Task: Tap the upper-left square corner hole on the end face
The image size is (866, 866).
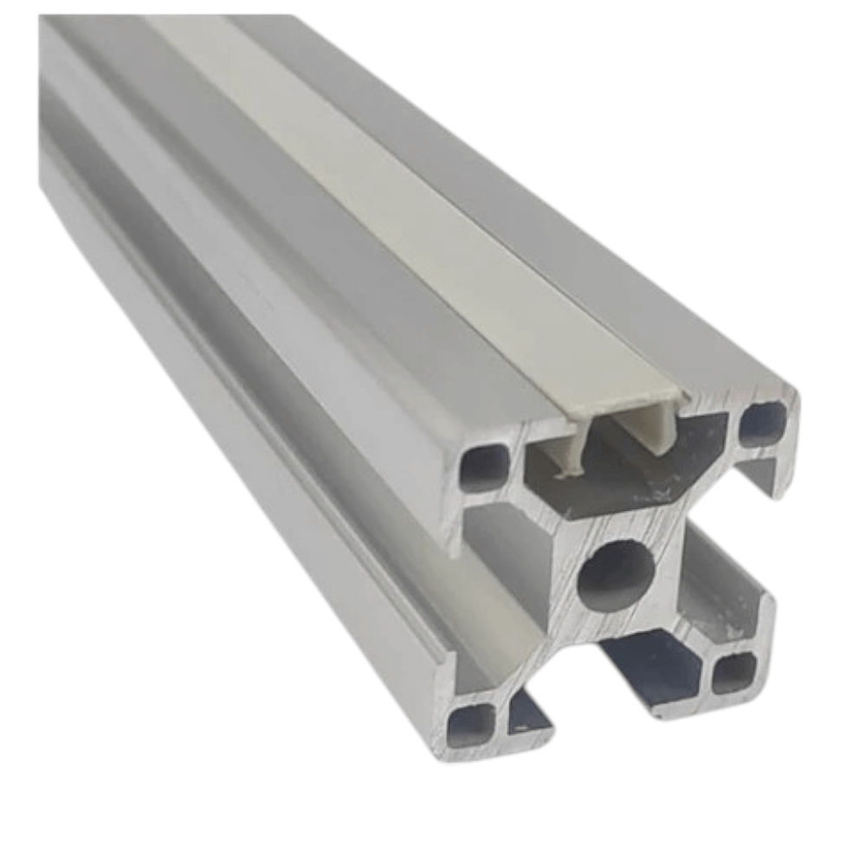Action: [x=483, y=467]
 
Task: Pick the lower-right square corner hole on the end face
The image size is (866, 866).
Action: [x=734, y=673]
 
